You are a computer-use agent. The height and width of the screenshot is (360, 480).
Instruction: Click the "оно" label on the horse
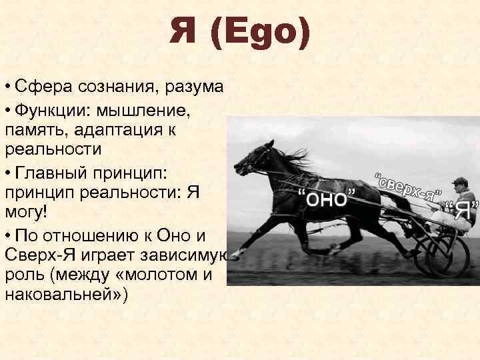(324, 198)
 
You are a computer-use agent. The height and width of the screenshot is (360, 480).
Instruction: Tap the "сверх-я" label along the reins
(408, 187)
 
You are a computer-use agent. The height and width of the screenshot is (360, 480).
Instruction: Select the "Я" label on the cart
(462, 210)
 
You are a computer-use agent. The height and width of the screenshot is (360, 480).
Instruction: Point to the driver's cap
(459, 181)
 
